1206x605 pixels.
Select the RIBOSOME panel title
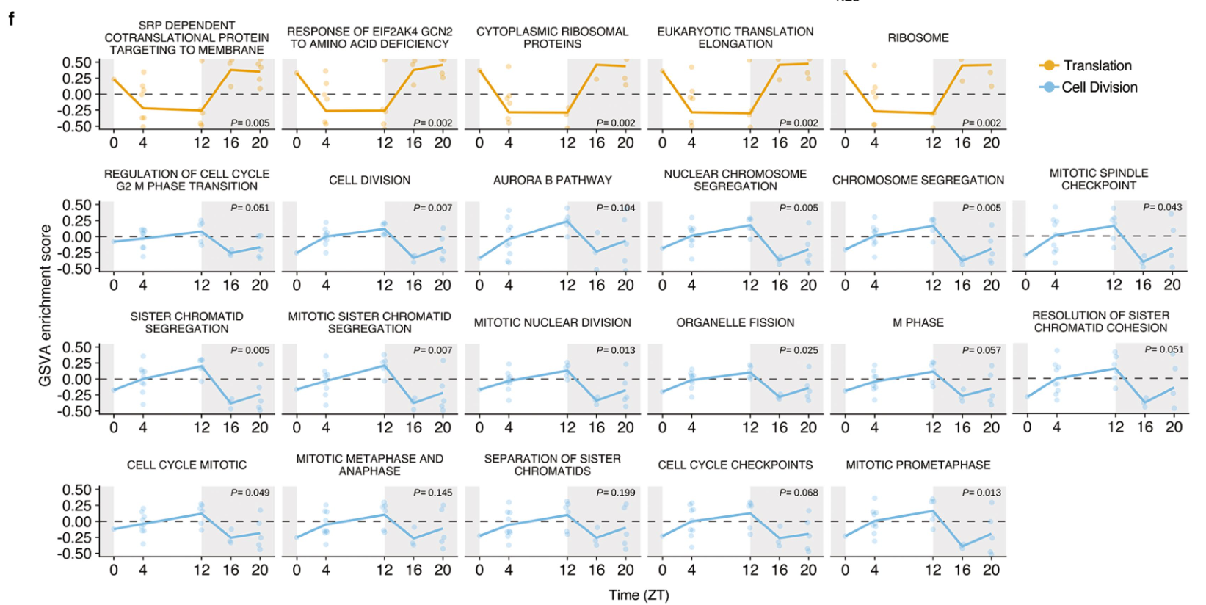(x=918, y=37)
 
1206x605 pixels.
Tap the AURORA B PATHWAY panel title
(x=552, y=180)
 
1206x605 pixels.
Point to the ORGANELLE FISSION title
(x=735, y=322)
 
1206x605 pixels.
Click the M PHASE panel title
(x=918, y=322)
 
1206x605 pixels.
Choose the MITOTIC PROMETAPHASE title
(x=918, y=465)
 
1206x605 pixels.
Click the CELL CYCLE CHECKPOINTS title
(x=735, y=465)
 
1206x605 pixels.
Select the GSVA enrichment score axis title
(x=46, y=305)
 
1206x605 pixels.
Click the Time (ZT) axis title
(x=639, y=595)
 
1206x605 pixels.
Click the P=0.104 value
(x=615, y=208)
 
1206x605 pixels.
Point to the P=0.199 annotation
(x=615, y=493)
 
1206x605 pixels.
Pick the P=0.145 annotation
(x=432, y=493)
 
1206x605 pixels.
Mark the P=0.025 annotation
(x=799, y=350)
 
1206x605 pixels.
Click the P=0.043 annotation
(x=1162, y=207)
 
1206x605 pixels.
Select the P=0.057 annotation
(x=981, y=350)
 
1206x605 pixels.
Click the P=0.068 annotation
(x=799, y=493)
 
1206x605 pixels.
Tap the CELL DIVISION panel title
(x=369, y=180)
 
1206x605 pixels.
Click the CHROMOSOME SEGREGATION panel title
(x=918, y=180)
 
